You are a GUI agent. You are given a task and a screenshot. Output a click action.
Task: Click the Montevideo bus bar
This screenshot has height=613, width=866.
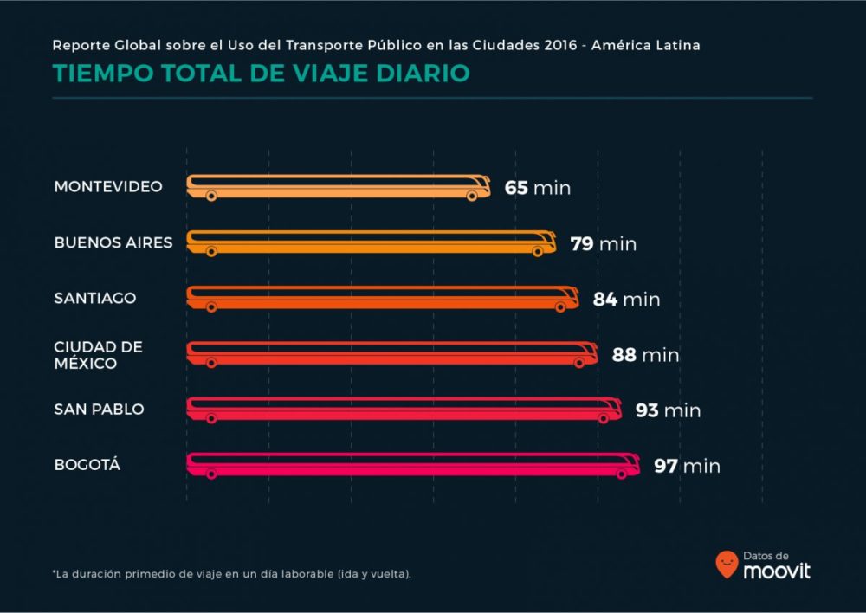click(x=338, y=187)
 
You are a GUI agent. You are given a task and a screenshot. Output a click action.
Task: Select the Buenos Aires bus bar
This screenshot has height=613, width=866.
click(x=371, y=242)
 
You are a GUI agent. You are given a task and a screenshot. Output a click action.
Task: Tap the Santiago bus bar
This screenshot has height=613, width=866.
click(x=382, y=298)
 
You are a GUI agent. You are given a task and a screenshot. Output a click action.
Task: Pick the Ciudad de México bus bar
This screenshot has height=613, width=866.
click(x=391, y=353)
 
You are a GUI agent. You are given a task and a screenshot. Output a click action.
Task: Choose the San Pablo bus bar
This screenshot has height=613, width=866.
click(x=404, y=409)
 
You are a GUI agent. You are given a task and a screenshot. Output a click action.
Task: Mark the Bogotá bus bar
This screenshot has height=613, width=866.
click(x=412, y=465)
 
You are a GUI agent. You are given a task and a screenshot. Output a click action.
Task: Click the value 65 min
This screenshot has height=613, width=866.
click(x=538, y=188)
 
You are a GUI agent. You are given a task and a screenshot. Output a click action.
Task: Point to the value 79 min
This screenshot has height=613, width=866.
click(x=603, y=243)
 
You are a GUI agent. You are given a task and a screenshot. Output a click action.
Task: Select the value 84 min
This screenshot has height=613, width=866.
click(x=626, y=300)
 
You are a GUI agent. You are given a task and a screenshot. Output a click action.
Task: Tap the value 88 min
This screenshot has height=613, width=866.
click(x=645, y=355)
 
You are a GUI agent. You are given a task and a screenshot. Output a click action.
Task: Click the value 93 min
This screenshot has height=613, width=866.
click(x=668, y=410)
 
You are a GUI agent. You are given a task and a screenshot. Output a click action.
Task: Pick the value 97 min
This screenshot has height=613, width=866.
click(x=687, y=466)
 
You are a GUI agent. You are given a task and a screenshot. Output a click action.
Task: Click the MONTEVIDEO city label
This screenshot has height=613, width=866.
click(x=107, y=187)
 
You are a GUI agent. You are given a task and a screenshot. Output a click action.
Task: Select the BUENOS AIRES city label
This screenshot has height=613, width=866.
click(x=113, y=242)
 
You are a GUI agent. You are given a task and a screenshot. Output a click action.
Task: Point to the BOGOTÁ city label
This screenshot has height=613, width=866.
click(x=87, y=465)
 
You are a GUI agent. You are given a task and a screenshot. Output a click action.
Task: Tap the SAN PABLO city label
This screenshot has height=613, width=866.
click(x=99, y=409)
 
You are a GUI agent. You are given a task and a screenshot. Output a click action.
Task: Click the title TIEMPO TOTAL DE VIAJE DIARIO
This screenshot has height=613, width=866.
click(x=261, y=74)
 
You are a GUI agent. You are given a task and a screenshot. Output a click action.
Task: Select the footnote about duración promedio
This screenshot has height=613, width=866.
click(x=231, y=574)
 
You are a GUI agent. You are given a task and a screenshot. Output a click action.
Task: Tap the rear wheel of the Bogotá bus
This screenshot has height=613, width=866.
click(x=211, y=474)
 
